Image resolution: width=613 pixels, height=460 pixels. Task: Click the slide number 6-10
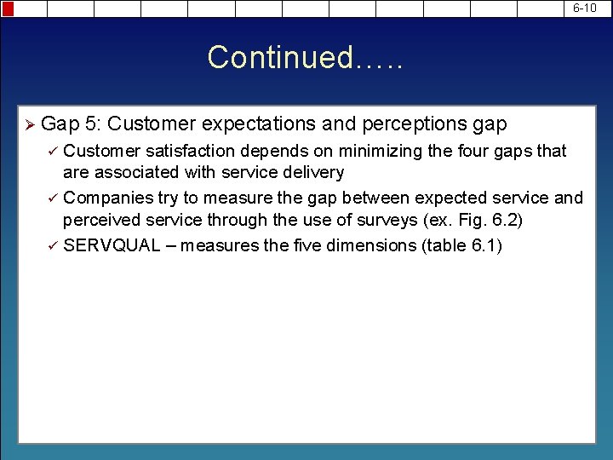[x=585, y=9]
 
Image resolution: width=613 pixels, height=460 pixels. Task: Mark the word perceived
[x=101, y=220]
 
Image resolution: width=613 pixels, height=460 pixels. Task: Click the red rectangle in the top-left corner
[x=8, y=9]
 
